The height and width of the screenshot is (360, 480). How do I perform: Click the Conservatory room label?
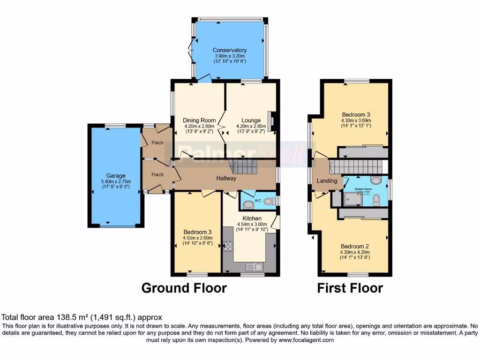click(229, 50)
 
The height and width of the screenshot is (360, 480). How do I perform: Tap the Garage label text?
click(115, 176)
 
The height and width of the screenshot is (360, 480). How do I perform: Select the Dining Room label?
click(199, 120)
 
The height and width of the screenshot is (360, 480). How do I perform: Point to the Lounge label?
click(251, 120)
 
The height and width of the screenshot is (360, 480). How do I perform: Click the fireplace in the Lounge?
click(271, 120)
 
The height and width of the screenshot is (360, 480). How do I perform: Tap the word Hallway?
click(226, 178)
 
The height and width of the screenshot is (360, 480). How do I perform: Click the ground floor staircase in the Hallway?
click(244, 167)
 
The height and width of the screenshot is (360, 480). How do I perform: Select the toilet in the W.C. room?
click(268, 202)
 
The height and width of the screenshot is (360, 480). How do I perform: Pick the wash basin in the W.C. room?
click(248, 204)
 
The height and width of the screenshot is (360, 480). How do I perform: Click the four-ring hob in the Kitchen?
click(228, 246)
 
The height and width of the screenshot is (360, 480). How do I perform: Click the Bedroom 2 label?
click(355, 247)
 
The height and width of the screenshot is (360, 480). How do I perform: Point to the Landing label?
click(327, 180)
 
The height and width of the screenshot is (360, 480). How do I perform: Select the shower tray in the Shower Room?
click(353, 199)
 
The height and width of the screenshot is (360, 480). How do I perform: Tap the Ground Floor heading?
click(184, 288)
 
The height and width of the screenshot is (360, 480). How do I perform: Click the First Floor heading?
click(350, 288)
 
